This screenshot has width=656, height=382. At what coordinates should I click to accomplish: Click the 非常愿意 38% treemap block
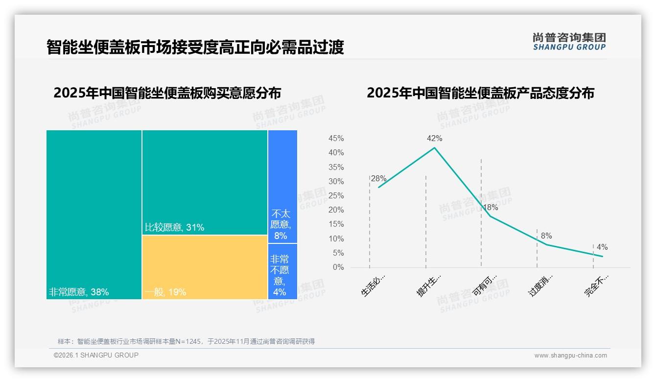point(94,215)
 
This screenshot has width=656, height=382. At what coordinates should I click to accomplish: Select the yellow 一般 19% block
point(205,267)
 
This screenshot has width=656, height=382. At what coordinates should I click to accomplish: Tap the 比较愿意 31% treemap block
point(205,182)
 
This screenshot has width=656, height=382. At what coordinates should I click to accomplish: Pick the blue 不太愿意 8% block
point(282,186)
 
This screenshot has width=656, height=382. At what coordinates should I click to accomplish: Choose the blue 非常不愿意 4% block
point(282,271)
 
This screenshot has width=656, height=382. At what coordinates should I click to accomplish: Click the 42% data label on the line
point(434,139)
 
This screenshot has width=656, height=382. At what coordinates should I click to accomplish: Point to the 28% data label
point(378,179)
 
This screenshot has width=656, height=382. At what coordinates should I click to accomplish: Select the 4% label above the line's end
point(602,247)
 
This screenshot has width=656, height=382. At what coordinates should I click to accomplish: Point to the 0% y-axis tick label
point(338,267)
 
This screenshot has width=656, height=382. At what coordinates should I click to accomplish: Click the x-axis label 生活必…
point(374,286)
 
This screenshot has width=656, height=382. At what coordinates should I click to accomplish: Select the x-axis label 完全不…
point(596,286)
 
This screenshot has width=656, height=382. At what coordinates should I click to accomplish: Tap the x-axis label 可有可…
point(485,286)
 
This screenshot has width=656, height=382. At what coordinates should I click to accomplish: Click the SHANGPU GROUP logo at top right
point(569,42)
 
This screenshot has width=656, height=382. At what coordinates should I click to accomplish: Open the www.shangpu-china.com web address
point(570,356)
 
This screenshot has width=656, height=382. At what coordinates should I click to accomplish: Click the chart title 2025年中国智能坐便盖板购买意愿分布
point(167,93)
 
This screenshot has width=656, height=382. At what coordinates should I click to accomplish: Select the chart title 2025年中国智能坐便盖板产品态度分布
point(480,93)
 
